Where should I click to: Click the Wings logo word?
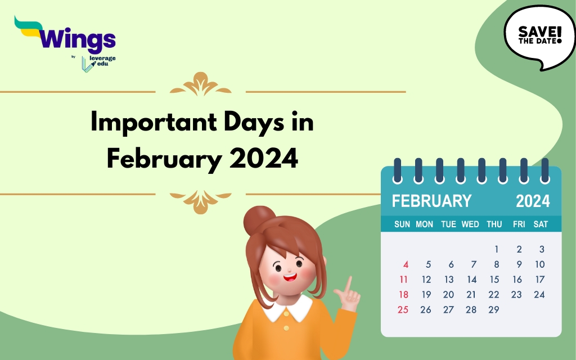pyautogui.click(x=77, y=39)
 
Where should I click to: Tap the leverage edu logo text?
pyautogui.click(x=102, y=61)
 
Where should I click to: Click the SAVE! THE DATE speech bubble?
pyautogui.click(x=539, y=37)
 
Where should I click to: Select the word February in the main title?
pyautogui.click(x=164, y=159)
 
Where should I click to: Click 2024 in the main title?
pyautogui.click(x=264, y=158)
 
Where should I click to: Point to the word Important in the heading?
pyautogui.click(x=154, y=122)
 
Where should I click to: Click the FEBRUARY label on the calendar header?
pyautogui.click(x=431, y=201)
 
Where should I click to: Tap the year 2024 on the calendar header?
pyautogui.click(x=533, y=201)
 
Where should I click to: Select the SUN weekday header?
pyautogui.click(x=402, y=224)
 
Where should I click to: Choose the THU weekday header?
pyautogui.click(x=494, y=224)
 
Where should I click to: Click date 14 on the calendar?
pyautogui.click(x=472, y=280)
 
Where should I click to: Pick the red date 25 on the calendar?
pyautogui.click(x=403, y=310)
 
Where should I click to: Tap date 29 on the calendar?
pyautogui.click(x=494, y=310)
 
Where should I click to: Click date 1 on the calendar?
pyautogui.click(x=497, y=249)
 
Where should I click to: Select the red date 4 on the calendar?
pyautogui.click(x=406, y=264)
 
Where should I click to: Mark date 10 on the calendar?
pyautogui.click(x=539, y=264)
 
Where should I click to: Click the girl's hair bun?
pyautogui.click(x=259, y=220)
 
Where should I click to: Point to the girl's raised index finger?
pyautogui.click(x=348, y=284)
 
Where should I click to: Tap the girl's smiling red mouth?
pyautogui.click(x=290, y=277)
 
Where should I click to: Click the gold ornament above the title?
pyautogui.click(x=201, y=84)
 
